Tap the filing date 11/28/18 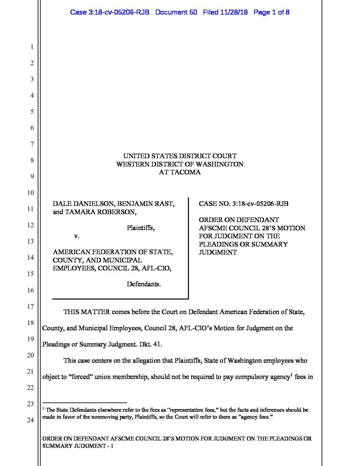click(232, 12)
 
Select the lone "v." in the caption click(76, 236)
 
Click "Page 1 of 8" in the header click(271, 12)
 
